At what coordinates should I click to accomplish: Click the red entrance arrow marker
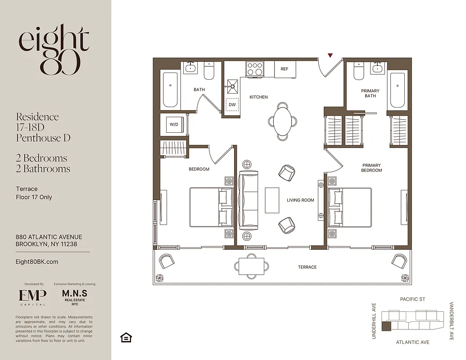330,55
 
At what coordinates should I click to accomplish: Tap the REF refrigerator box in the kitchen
284,69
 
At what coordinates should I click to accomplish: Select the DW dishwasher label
232,105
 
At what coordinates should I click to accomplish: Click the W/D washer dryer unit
174,124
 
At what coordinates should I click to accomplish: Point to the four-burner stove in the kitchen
254,69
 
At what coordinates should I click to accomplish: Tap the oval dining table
283,121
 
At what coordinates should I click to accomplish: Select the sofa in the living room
248,200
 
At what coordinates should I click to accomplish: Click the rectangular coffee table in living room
272,200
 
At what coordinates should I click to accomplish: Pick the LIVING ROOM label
300,200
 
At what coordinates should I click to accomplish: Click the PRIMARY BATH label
370,93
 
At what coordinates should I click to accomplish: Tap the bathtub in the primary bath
397,90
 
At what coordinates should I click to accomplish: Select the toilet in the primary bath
359,71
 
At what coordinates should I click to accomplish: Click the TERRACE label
307,267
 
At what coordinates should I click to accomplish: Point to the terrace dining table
251,265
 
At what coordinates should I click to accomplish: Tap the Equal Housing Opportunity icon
126,337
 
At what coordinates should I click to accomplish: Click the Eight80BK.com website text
37,262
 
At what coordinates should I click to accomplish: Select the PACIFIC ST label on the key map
412,299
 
